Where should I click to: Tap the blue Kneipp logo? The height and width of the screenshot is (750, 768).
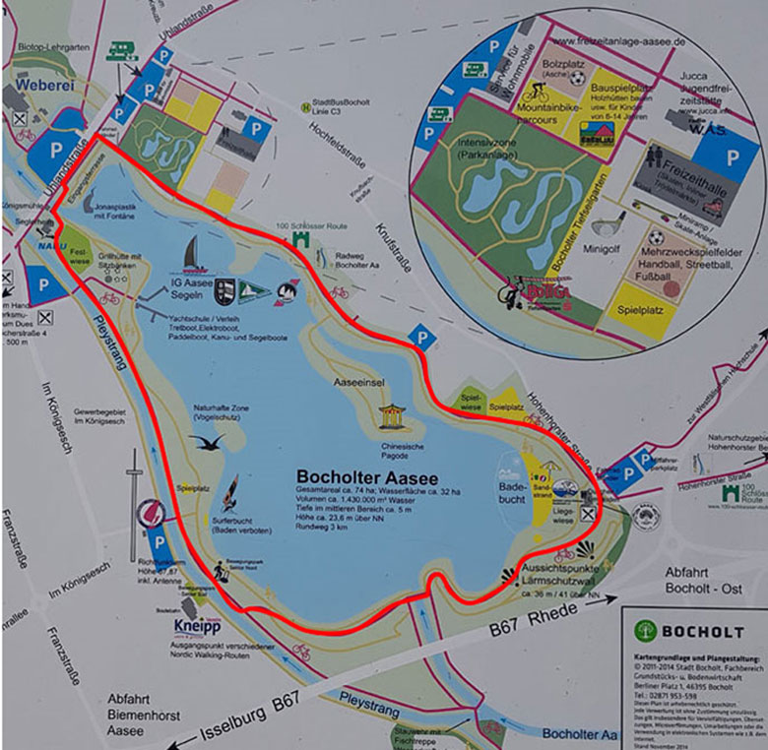[197, 625]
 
